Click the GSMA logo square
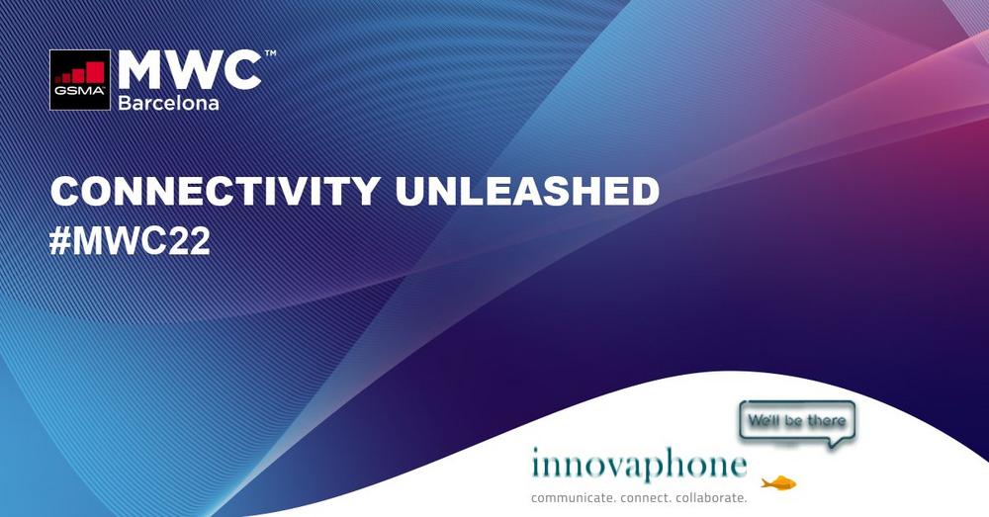80,80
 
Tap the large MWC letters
190,70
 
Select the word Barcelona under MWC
168,103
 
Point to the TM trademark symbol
270,53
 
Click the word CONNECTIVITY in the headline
215,191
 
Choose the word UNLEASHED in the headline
527,191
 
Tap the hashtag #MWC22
130,241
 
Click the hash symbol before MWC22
60,241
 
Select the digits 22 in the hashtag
190,241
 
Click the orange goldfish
778,483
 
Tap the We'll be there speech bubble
798,421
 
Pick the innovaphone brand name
639,464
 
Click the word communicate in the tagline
573,498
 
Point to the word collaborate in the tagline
711,498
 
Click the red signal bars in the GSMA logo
79,72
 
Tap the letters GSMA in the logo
79,90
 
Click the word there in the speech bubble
826,420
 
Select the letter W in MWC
190,70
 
